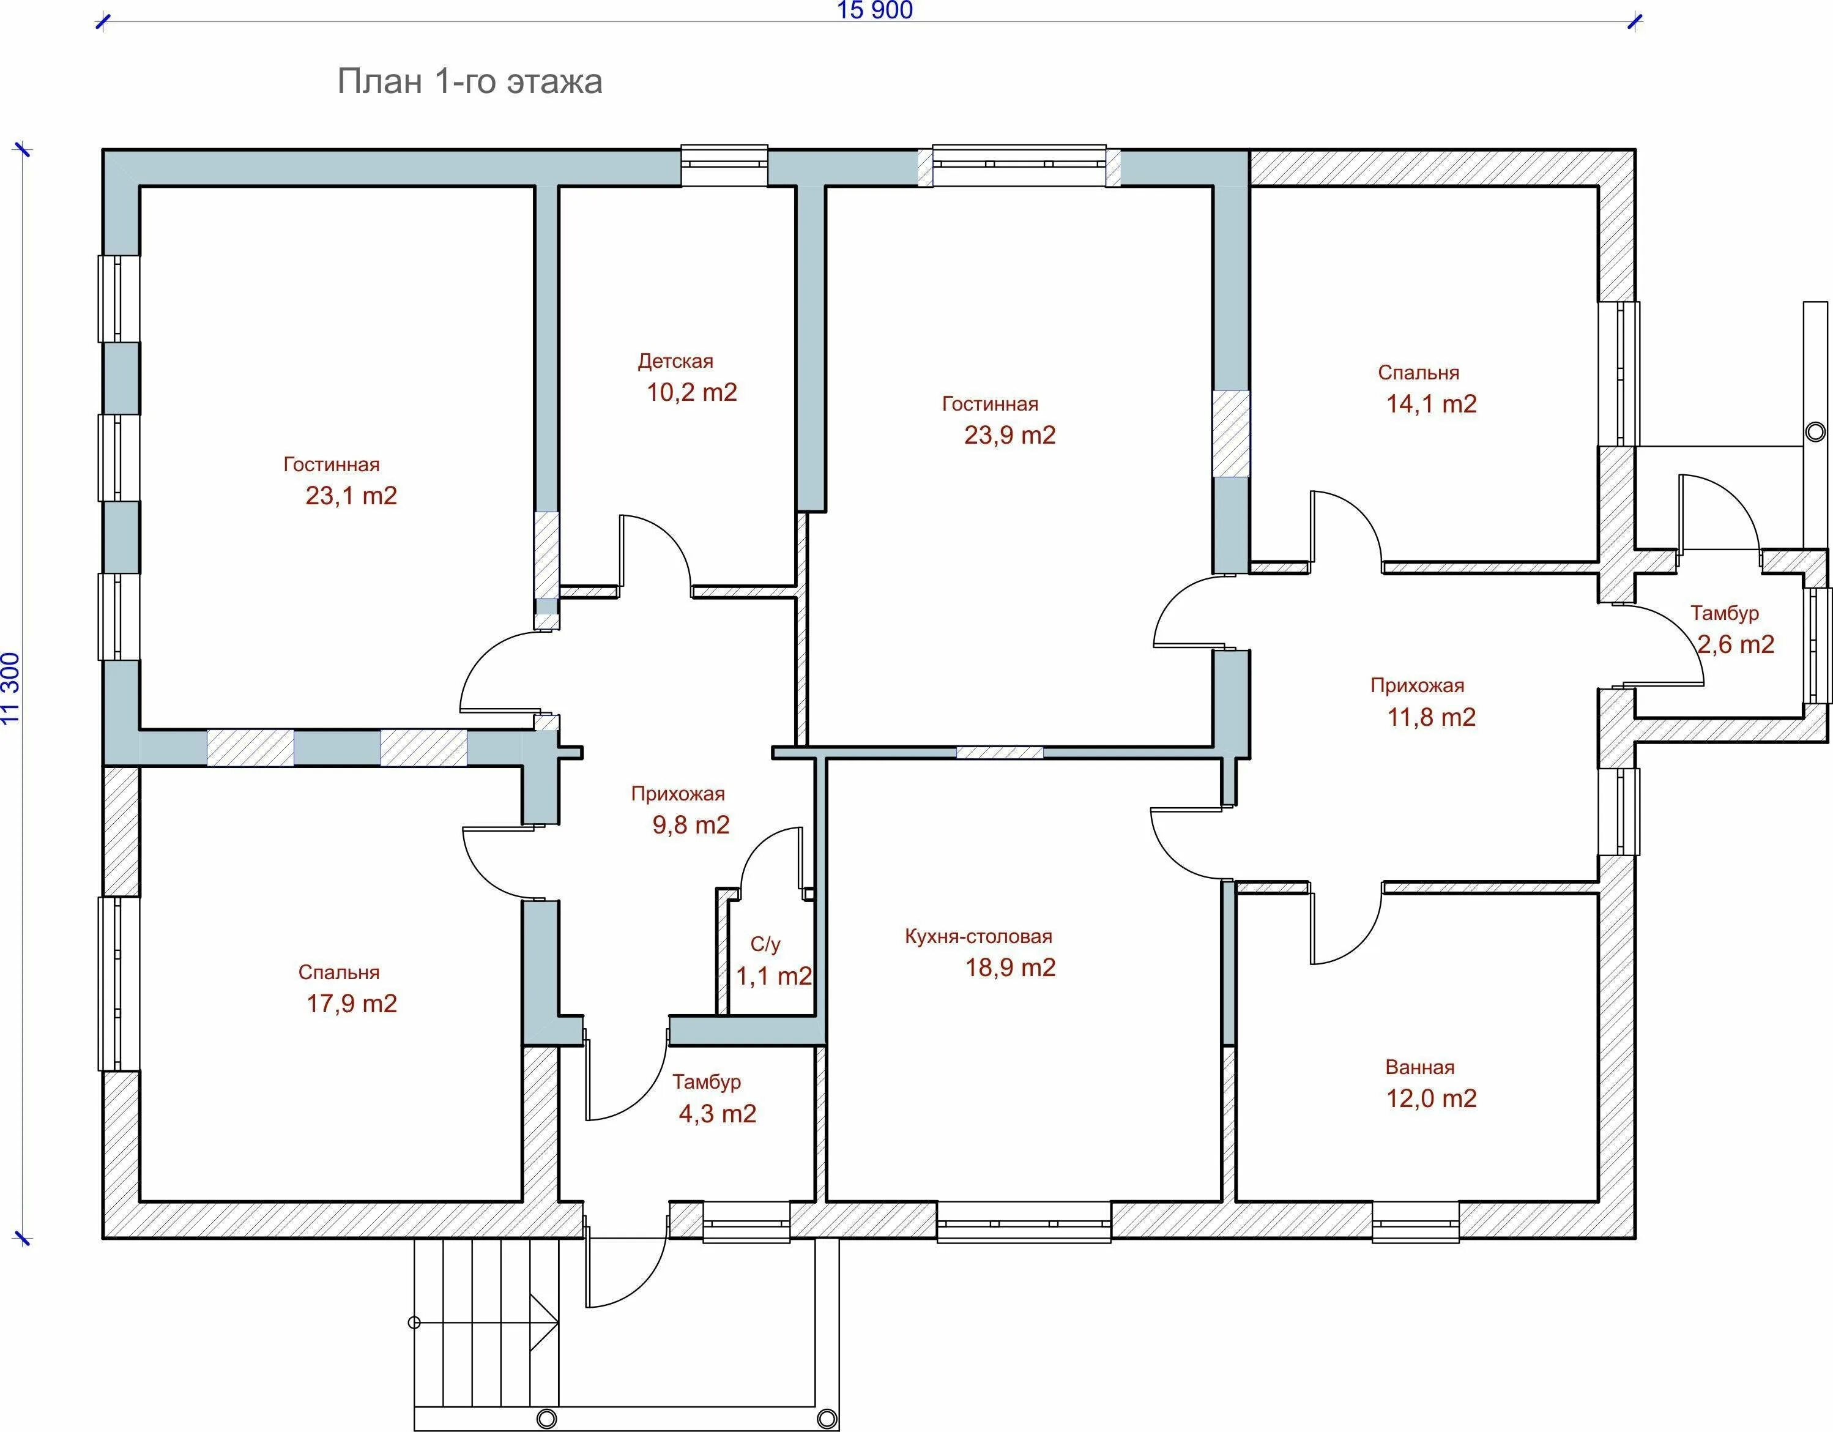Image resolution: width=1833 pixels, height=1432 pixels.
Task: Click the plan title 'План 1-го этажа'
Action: [469, 82]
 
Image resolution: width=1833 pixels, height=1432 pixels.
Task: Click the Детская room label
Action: [675, 361]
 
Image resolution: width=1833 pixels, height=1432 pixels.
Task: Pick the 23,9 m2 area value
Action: [1009, 435]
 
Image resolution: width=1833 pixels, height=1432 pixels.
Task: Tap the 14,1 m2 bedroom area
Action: [1431, 404]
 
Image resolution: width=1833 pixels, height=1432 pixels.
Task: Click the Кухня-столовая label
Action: [978, 936]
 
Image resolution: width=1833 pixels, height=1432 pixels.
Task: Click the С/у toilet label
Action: [765, 944]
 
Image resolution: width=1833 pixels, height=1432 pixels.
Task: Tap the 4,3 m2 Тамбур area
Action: [717, 1113]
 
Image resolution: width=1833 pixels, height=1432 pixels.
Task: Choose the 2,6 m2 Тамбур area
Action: [1736, 644]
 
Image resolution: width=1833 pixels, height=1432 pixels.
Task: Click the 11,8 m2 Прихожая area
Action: [1431, 717]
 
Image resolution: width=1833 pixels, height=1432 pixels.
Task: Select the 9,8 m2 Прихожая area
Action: [691, 824]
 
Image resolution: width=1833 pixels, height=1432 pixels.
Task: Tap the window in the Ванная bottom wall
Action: [1416, 1222]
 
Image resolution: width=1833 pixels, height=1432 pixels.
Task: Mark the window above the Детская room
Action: [723, 165]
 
